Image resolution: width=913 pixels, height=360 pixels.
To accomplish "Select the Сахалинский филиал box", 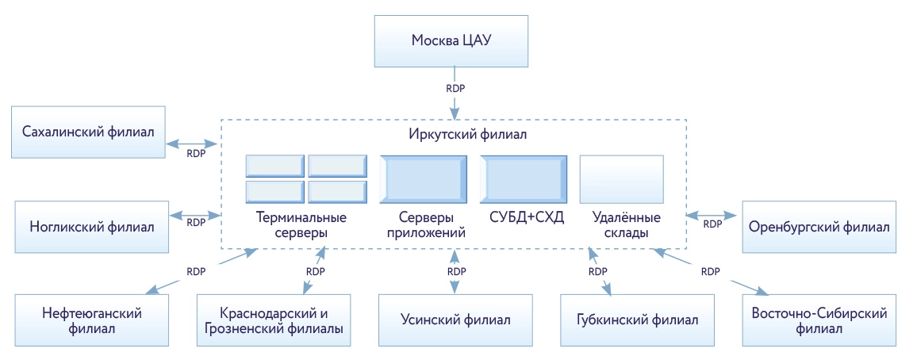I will pyautogui.click(x=88, y=132).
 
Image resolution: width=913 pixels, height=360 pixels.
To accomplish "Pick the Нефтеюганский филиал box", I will pyautogui.click(x=92, y=320).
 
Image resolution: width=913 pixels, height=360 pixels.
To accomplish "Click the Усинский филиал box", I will pyautogui.click(x=455, y=320).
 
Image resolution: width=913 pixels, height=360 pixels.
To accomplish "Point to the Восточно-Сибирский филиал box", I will pyautogui.click(x=818, y=320).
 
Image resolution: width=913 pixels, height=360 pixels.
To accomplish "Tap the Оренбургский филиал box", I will pyautogui.click(x=819, y=226).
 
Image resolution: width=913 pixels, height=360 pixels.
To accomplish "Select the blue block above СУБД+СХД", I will pyautogui.click(x=523, y=179).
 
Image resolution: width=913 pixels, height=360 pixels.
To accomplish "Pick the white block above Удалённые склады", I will pyautogui.click(x=621, y=179).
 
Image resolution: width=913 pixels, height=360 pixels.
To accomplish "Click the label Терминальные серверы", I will pyautogui.click(x=301, y=224).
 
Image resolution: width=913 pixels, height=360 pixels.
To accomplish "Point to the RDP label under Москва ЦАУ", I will pyautogui.click(x=455, y=89).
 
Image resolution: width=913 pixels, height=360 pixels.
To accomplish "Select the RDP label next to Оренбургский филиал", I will pyautogui.click(x=712, y=224).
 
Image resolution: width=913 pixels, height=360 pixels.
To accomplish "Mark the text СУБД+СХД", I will pyautogui.click(x=523, y=216).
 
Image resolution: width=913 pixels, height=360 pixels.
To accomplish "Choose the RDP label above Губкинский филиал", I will pyautogui.click(x=598, y=271).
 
